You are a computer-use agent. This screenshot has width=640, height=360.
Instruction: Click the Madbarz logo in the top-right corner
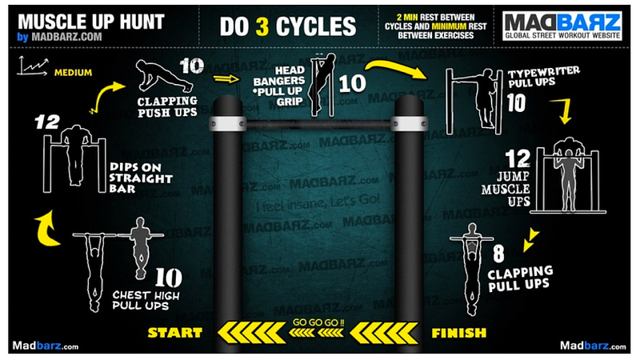click(562, 26)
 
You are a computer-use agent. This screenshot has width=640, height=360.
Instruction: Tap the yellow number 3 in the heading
click(262, 26)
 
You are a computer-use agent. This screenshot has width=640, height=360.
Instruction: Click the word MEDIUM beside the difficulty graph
click(73, 73)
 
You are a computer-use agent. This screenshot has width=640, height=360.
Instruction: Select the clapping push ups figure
click(164, 76)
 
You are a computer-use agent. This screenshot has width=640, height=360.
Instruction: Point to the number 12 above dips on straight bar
click(47, 122)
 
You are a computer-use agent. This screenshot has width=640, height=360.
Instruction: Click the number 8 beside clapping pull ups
click(498, 254)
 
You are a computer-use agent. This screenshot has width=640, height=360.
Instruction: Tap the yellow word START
click(174, 333)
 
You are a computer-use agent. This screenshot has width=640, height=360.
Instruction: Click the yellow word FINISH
click(459, 333)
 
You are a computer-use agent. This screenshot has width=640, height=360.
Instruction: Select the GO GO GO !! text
click(318, 322)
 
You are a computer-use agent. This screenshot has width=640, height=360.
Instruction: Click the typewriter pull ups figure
click(474, 102)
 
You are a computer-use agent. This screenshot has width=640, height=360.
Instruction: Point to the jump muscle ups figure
click(568, 175)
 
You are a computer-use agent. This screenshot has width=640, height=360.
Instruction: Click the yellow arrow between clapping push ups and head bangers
click(226, 78)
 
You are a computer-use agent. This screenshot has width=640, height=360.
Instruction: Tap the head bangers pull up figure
click(322, 85)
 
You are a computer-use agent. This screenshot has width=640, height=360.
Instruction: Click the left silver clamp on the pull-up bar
click(228, 124)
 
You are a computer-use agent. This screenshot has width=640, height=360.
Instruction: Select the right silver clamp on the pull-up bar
click(409, 124)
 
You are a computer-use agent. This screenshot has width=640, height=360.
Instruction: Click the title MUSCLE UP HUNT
click(91, 22)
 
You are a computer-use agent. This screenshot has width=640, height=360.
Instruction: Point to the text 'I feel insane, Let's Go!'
click(318, 202)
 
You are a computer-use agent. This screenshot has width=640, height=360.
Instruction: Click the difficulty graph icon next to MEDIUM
click(33, 66)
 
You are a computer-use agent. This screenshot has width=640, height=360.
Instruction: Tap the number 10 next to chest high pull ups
click(169, 278)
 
